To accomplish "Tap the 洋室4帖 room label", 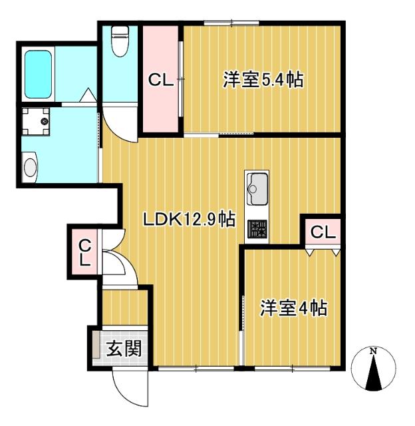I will click(293, 308).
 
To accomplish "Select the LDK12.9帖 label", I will click(190, 219).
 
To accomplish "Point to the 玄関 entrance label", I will click(124, 347).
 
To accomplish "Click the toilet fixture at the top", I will click(120, 41).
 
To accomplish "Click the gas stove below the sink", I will click(257, 230).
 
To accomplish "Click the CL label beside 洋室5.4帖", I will click(161, 81).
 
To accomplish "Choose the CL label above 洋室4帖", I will click(322, 232).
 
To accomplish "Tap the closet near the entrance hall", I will click(84, 252).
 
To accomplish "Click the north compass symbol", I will click(374, 370).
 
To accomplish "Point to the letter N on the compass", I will click(374, 351).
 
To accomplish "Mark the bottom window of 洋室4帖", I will click(293, 367).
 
